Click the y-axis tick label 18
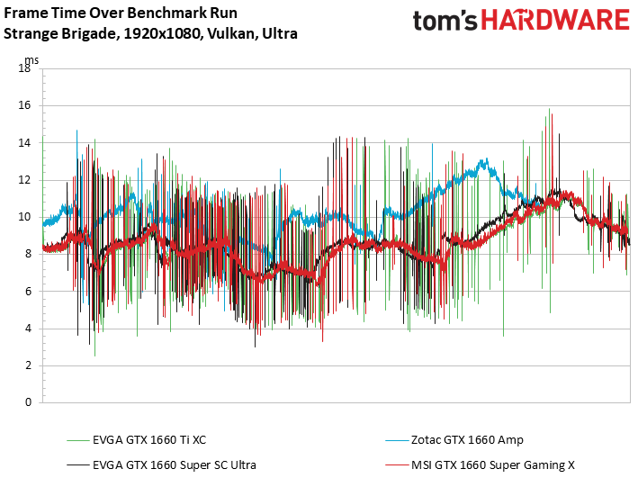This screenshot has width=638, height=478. pyautogui.click(x=24, y=68)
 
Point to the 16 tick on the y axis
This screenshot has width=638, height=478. pyautogui.click(x=24, y=105)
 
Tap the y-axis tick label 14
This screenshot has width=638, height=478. pyautogui.click(x=24, y=142)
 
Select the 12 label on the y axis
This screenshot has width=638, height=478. pyautogui.click(x=24, y=180)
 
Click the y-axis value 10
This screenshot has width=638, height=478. pyautogui.click(x=24, y=217)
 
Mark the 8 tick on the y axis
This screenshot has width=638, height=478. pyautogui.click(x=28, y=254)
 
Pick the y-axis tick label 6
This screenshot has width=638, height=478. pyautogui.click(x=28, y=292)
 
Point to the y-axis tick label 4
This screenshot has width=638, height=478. pyautogui.click(x=28, y=329)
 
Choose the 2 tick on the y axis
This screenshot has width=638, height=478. pyautogui.click(x=28, y=365)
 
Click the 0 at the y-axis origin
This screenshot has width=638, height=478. pyautogui.click(x=28, y=402)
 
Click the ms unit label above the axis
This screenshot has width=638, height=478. pyautogui.click(x=31, y=60)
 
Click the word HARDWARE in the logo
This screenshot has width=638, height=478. pyautogui.click(x=555, y=20)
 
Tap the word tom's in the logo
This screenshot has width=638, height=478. pyautogui.click(x=445, y=21)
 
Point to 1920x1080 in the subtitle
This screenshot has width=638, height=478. pyautogui.click(x=162, y=33)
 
